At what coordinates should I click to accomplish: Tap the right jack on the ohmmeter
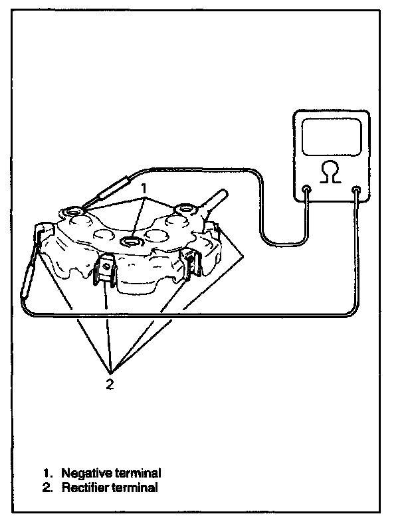click(357, 191)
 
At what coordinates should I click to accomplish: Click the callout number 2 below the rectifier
click(110, 383)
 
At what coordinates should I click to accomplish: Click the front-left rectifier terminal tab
click(104, 272)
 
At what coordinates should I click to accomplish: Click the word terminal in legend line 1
click(137, 473)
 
